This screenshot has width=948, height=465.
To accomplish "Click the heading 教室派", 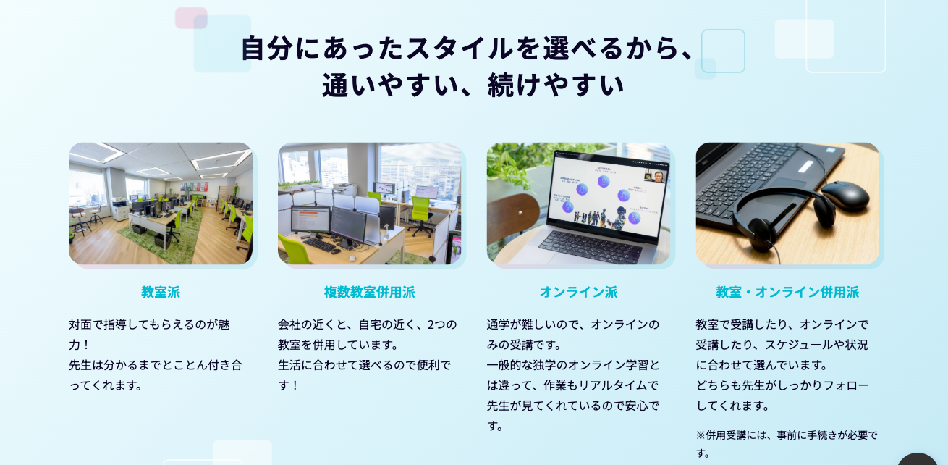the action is pyautogui.click(x=161, y=292).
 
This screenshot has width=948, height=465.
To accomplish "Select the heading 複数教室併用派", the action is pyautogui.click(x=370, y=292).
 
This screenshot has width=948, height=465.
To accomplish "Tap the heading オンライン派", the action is pyautogui.click(x=578, y=292).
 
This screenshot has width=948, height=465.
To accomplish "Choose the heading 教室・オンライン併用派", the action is pyautogui.click(x=787, y=292).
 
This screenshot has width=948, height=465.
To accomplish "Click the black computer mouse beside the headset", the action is pyautogui.click(x=845, y=196).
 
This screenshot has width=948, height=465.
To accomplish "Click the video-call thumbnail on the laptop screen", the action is pyautogui.click(x=654, y=176).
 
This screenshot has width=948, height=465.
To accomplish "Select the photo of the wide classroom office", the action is pyautogui.click(x=161, y=204).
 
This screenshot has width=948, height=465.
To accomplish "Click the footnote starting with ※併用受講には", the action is pyautogui.click(x=787, y=444).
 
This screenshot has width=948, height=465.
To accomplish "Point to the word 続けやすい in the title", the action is pyautogui.click(x=556, y=85).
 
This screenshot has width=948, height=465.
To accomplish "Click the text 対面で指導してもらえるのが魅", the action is pyautogui.click(x=149, y=324).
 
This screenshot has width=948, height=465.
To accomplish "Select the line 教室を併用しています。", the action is pyautogui.click(x=338, y=345).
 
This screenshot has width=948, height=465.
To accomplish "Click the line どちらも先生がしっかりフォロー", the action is pyautogui.click(x=782, y=385).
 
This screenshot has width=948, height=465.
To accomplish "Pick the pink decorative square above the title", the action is pyautogui.click(x=191, y=18).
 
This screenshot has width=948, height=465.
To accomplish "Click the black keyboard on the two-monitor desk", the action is pyautogui.click(x=320, y=244).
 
